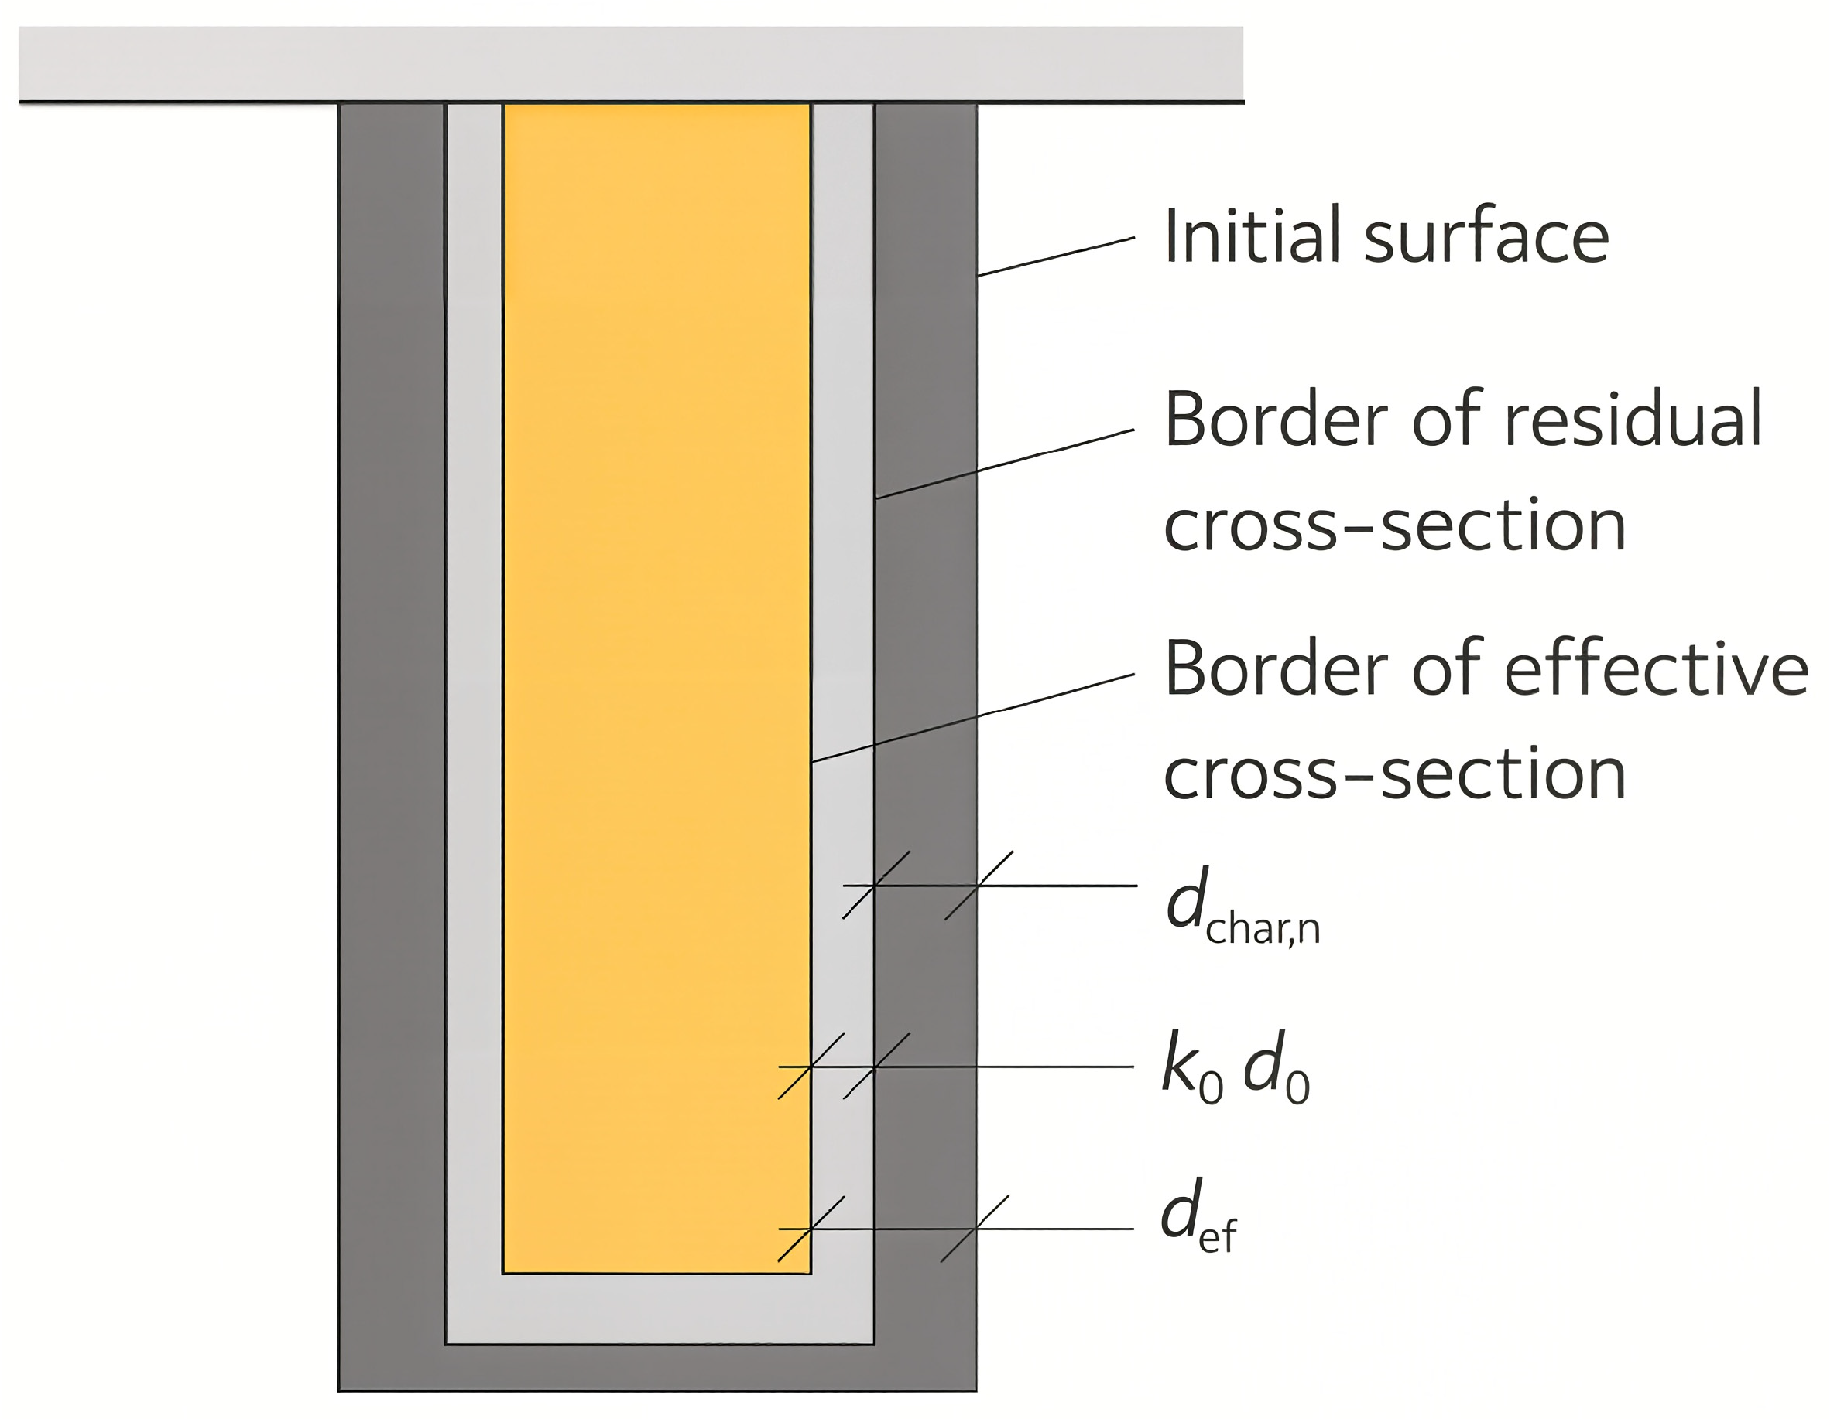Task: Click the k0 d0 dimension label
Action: (x=1237, y=1072)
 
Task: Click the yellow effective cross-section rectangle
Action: (x=657, y=689)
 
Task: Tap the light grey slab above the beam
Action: (x=631, y=64)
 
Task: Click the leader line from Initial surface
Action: (x=1056, y=257)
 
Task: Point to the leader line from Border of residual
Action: (x=1005, y=463)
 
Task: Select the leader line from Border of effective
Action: (x=974, y=717)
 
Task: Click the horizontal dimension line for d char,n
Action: (x=989, y=885)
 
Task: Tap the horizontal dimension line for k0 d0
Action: (x=957, y=1067)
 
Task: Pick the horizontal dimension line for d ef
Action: (x=957, y=1229)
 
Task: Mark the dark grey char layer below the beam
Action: (x=658, y=1368)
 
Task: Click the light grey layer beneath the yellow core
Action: (x=659, y=1309)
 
